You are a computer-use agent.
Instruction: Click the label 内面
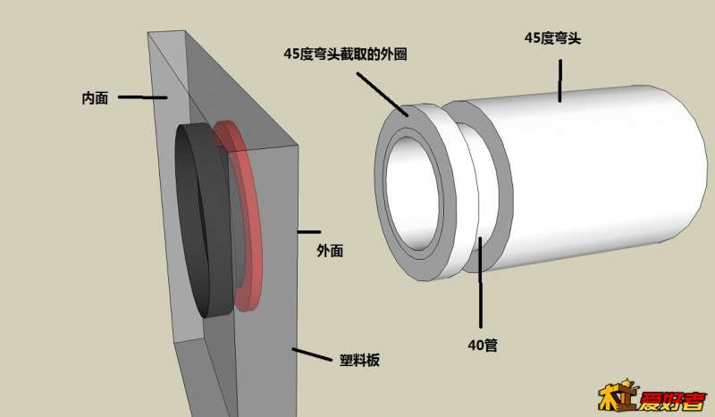click(x=95, y=98)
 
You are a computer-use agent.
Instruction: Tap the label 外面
click(x=330, y=251)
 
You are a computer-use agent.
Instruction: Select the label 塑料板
click(x=359, y=361)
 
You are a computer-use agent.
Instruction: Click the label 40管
click(x=483, y=345)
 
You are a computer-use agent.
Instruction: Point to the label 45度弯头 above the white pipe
click(x=552, y=38)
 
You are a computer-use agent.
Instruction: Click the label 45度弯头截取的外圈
click(x=345, y=54)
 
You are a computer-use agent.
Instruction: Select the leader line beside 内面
click(x=143, y=97)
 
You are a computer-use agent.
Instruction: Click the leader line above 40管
click(x=480, y=281)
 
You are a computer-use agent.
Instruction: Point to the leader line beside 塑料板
click(x=312, y=354)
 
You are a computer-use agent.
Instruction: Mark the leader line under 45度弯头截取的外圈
click(x=383, y=95)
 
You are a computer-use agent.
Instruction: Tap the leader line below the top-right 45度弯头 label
click(x=560, y=80)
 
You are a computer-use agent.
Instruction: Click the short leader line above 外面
click(x=309, y=232)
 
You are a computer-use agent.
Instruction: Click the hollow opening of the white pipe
click(x=414, y=194)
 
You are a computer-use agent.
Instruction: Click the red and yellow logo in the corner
click(x=653, y=396)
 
